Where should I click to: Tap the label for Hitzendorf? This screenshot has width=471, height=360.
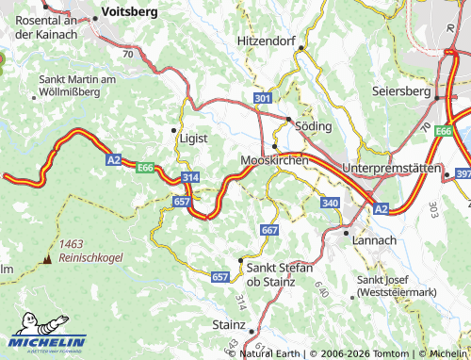tap(272, 41)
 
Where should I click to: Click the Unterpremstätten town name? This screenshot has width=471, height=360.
tap(391, 167)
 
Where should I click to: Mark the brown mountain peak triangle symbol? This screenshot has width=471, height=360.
tap(46, 257)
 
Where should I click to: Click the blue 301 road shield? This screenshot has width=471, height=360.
tap(262, 98)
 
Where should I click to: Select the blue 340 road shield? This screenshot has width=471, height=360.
tap(330, 203)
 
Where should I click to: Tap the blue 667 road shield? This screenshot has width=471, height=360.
tap(269, 230)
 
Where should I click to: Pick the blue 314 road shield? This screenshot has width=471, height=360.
tap(190, 177)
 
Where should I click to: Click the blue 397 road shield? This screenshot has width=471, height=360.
tap(463, 174)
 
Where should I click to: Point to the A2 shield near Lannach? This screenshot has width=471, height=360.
tap(381, 208)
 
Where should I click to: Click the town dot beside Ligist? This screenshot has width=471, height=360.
tap(173, 129)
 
